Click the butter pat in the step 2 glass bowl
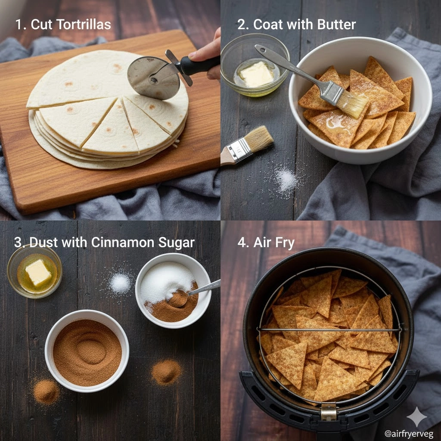[257, 74]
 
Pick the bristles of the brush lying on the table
[258, 139]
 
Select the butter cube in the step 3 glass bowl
[38, 273]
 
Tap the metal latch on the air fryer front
[329, 411]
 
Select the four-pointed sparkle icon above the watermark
[416, 416]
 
